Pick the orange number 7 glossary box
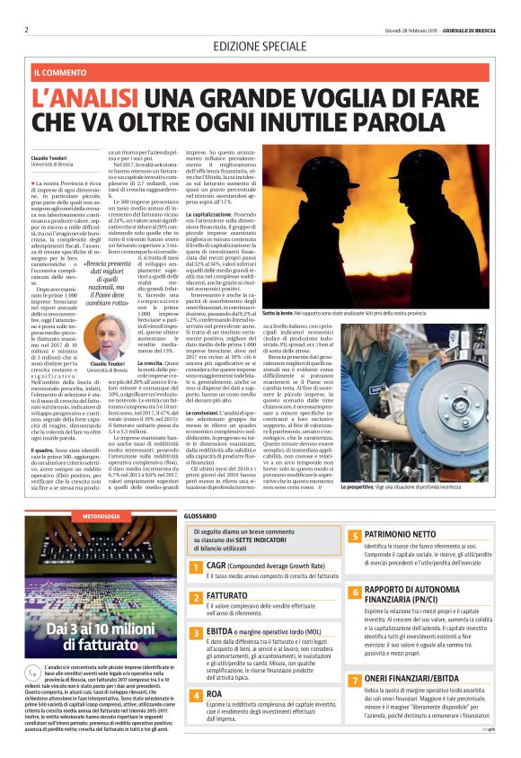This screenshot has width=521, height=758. coord(354,681)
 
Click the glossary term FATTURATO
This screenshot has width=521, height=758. coord(228,596)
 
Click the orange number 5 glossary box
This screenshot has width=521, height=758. coord(354,536)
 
